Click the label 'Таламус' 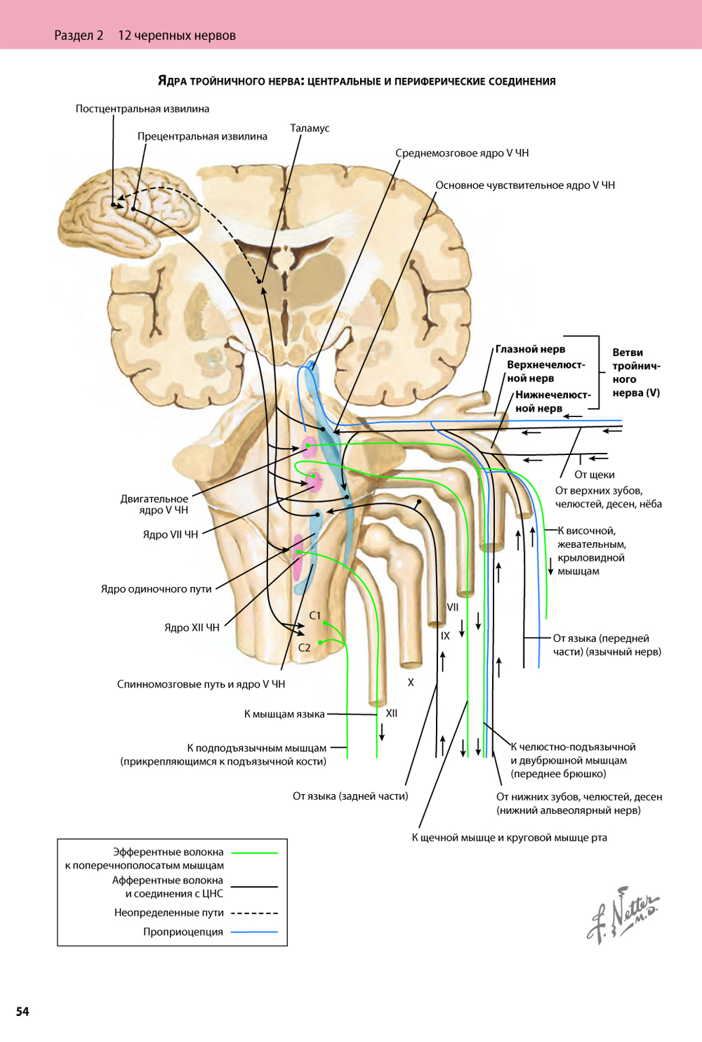coord(310,128)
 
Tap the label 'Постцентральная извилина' coord(143,109)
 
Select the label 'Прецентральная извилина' coord(202,136)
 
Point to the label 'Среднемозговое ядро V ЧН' coord(462,153)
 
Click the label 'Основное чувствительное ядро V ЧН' coord(524,185)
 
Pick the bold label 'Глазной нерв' coord(530,349)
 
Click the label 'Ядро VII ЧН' coord(171,534)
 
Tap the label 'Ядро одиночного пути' coord(156,589)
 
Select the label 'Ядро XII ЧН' coord(192,628)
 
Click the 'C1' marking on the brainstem coord(315,615)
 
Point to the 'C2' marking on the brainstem coord(304,647)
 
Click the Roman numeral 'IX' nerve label coord(445,635)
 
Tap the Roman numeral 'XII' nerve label coord(392,713)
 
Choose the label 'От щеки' coord(594,475)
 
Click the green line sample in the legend coord(254,852)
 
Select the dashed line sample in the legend coord(254,913)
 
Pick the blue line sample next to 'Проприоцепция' coord(254,932)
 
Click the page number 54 coord(23,1011)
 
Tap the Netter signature coord(622,916)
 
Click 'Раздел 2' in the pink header coord(79,35)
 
